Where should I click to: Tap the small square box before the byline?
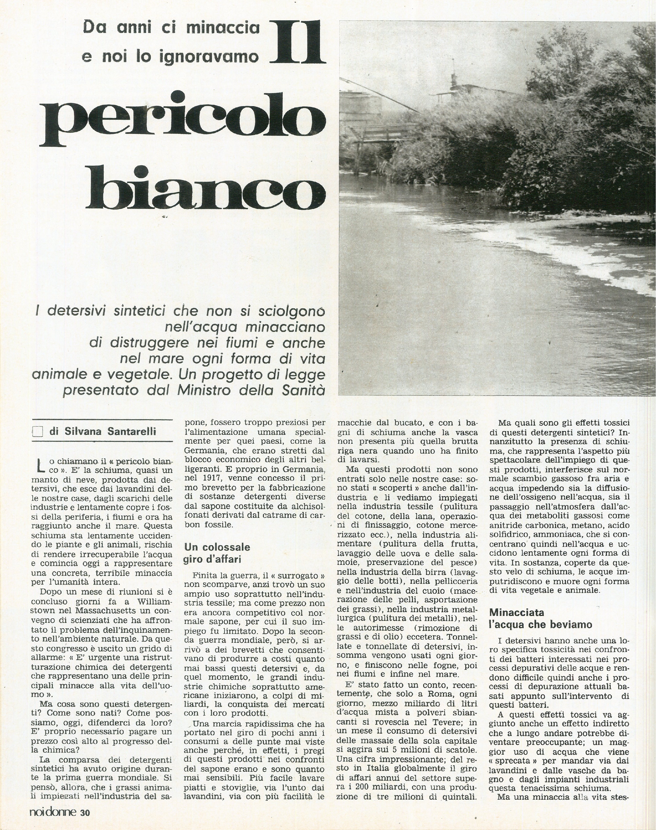(38, 432)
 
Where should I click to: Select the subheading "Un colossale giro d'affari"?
(217, 552)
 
